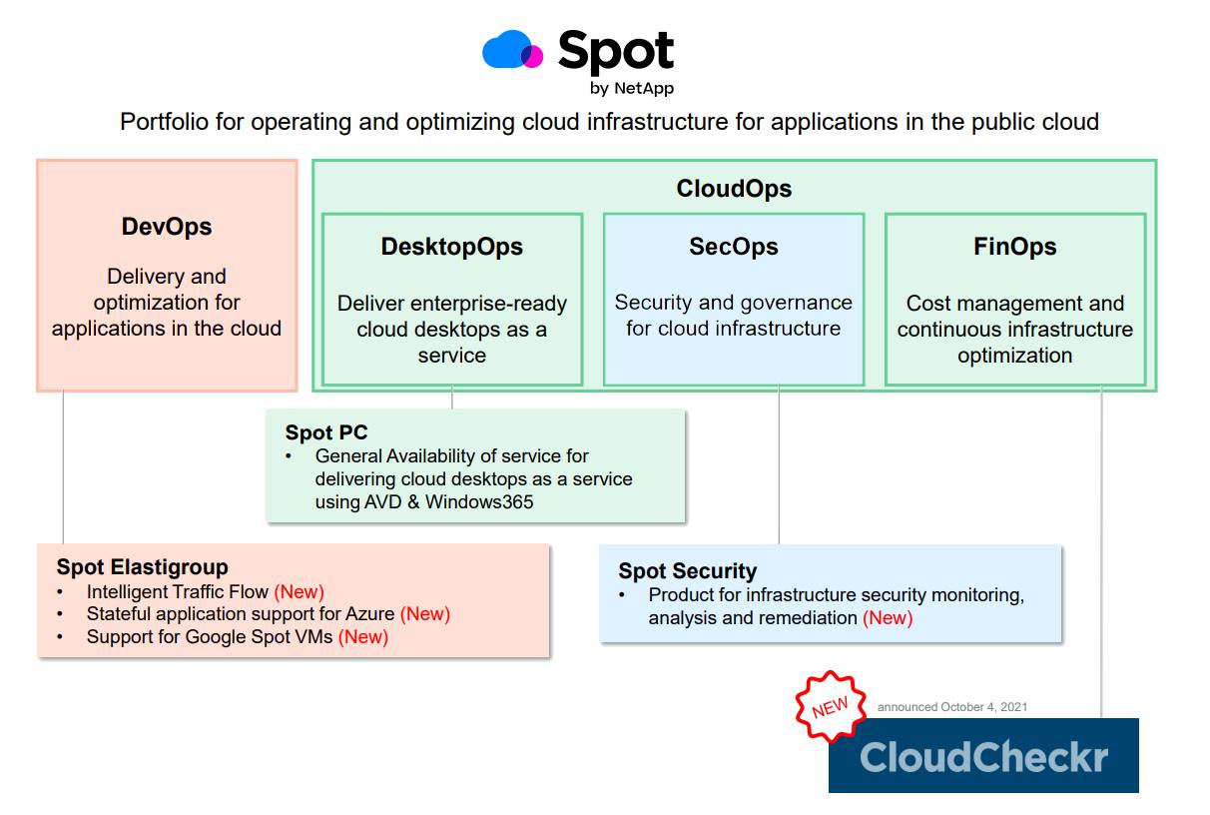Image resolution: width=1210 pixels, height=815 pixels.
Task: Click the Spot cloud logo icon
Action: click(512, 50)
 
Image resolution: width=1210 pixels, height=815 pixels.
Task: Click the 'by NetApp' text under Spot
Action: click(631, 88)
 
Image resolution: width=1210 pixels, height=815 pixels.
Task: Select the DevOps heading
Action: click(167, 227)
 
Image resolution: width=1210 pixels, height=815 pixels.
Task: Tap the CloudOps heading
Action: click(734, 189)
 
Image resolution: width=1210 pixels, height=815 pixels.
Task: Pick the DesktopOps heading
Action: click(451, 247)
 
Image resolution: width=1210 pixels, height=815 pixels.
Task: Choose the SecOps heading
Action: click(734, 247)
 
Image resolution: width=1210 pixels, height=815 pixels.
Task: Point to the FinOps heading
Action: click(1014, 247)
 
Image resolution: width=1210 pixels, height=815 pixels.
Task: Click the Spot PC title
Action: click(326, 432)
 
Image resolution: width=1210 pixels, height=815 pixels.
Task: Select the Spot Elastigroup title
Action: click(142, 567)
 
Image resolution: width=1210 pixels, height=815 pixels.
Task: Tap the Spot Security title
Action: click(687, 571)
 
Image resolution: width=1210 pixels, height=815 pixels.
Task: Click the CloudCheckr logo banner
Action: click(983, 756)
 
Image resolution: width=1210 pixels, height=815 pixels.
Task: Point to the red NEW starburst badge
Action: click(830, 707)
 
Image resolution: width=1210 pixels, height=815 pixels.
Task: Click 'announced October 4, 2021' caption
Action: click(951, 707)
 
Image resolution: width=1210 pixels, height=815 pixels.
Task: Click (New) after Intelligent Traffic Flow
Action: click(299, 592)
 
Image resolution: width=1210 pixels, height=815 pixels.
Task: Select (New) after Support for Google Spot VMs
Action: click(362, 637)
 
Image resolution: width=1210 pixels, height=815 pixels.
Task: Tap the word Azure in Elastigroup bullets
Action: click(369, 614)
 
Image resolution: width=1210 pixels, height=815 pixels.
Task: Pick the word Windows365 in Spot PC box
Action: click(479, 501)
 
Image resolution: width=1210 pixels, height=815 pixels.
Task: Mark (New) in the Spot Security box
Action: click(888, 618)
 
